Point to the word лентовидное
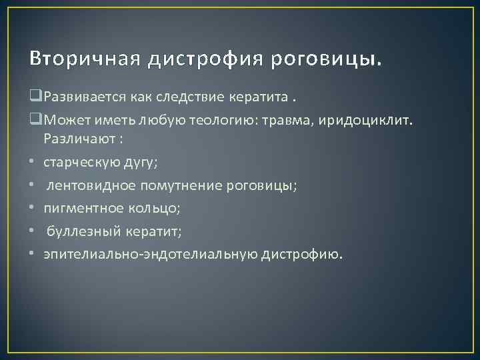coord(87,185)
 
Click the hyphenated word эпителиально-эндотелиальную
coord(153,254)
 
